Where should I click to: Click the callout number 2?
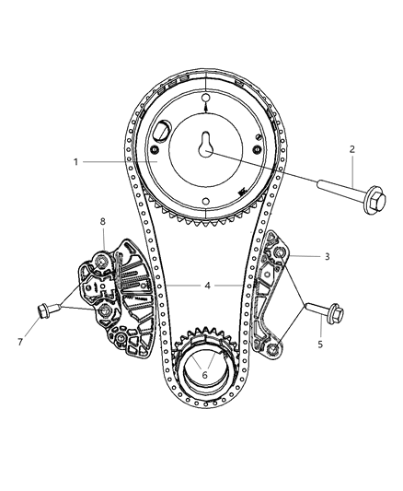coord(352,148)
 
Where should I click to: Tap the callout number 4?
coord(208,286)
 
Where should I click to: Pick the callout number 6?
coord(205,375)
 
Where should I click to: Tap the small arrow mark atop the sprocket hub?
coord(205,111)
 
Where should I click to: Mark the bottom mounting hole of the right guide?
coord(271,347)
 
